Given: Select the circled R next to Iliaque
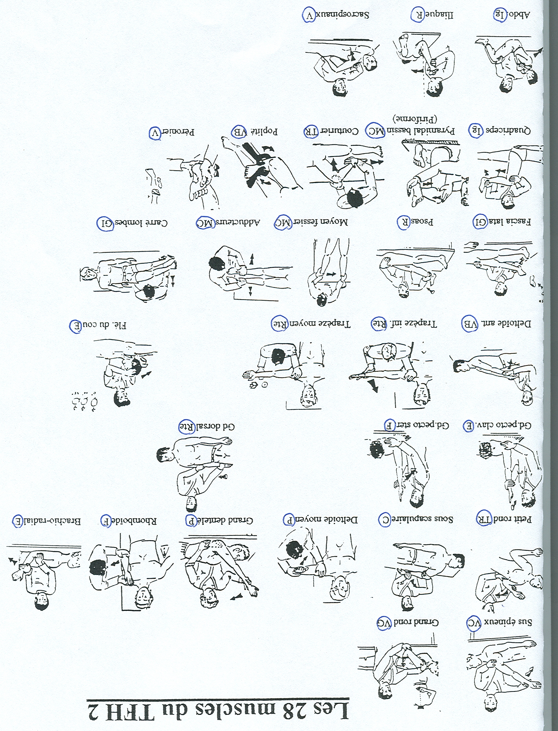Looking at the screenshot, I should point(417,15).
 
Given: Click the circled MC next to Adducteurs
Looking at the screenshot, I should point(205,222).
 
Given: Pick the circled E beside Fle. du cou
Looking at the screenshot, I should point(75,325).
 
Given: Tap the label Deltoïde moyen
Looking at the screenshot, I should point(326,519).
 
